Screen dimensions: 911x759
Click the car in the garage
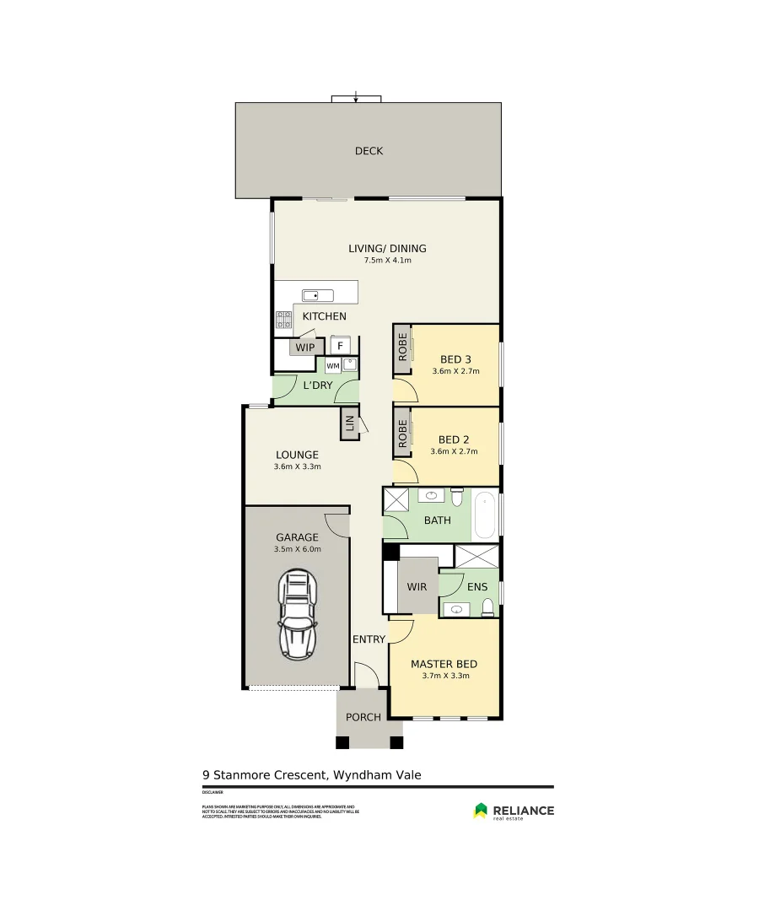(297, 615)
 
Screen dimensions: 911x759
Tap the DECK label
(369, 151)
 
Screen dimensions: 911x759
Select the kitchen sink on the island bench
(318, 295)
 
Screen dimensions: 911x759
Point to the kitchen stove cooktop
(283, 320)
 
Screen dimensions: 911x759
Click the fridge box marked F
(341, 346)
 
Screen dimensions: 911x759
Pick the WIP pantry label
(304, 347)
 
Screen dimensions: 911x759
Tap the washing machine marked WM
(332, 365)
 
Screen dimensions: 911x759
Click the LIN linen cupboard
(348, 423)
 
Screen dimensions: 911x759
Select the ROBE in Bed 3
(402, 349)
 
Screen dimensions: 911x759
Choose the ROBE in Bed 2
(402, 432)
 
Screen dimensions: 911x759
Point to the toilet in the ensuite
(487, 606)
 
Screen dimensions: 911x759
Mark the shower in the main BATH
(396, 500)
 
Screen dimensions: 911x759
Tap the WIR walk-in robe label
(417, 586)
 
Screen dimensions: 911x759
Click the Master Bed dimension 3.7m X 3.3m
(444, 676)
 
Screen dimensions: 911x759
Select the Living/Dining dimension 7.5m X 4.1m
(387, 261)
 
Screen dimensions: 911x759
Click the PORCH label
(363, 717)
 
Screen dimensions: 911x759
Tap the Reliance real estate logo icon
(481, 811)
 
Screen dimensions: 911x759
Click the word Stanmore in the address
(243, 774)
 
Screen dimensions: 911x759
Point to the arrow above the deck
(356, 98)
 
